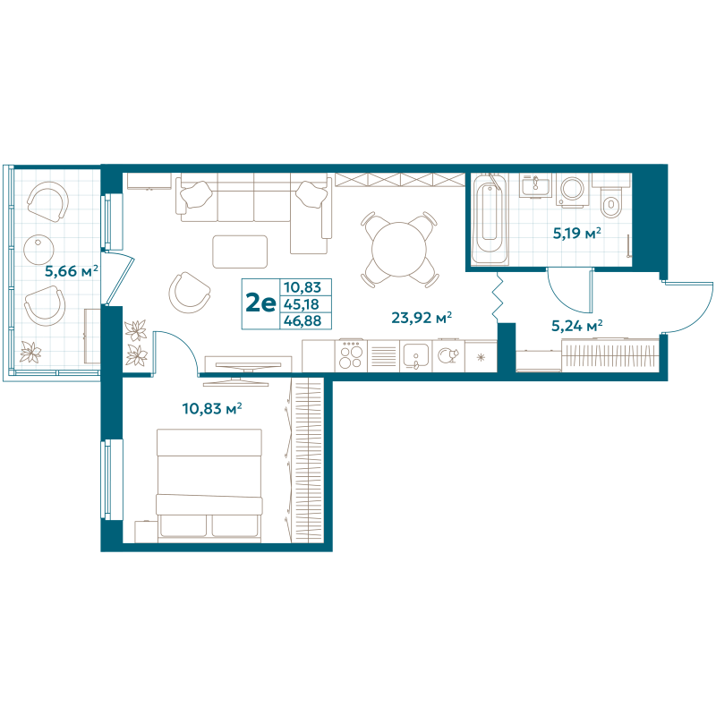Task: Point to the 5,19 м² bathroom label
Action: (x=575, y=234)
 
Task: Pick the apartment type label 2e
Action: (x=260, y=303)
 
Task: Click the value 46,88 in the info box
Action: (x=302, y=320)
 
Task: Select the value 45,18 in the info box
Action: (x=302, y=304)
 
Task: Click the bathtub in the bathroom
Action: (x=489, y=217)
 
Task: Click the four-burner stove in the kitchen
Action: (x=351, y=355)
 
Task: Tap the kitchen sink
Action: (x=415, y=356)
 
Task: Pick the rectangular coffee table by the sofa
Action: (x=240, y=251)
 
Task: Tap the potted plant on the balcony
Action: (x=32, y=353)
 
